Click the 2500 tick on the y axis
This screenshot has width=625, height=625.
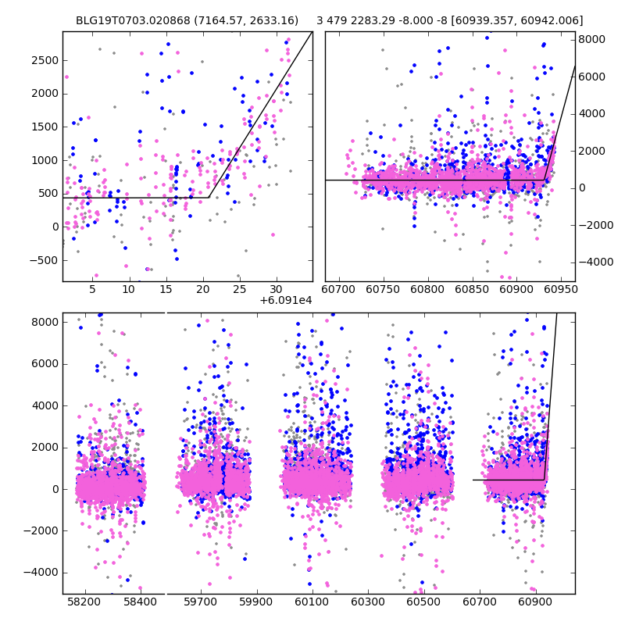click(45, 61)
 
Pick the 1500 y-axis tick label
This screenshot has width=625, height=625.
click(45, 127)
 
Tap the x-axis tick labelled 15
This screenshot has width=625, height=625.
click(166, 289)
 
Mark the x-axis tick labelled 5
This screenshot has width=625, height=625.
click(92, 289)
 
